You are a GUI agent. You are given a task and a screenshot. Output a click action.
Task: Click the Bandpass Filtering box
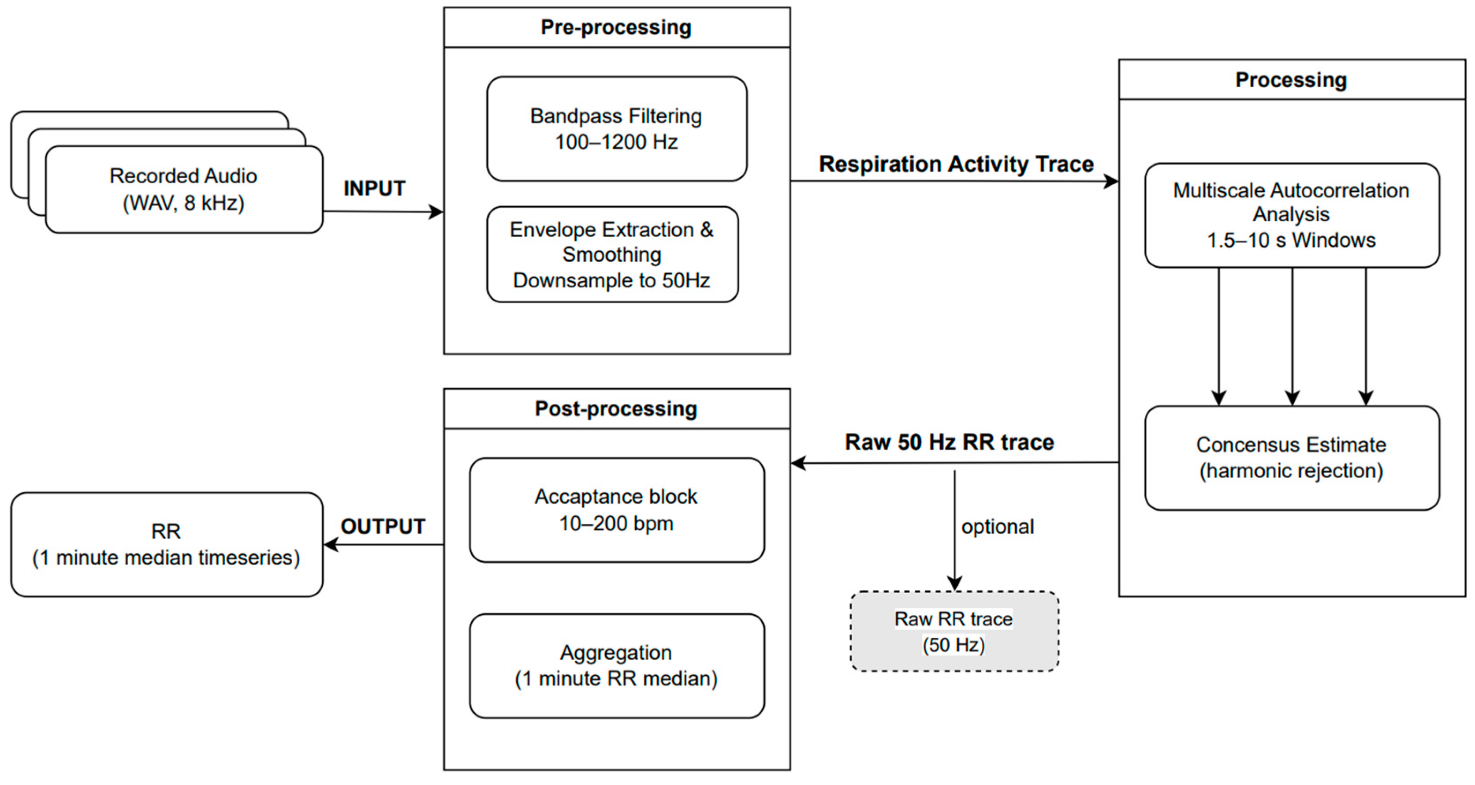point(617,129)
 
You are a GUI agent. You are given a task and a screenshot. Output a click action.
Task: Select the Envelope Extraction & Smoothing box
point(613,254)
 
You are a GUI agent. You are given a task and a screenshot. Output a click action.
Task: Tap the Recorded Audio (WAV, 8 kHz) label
point(183,190)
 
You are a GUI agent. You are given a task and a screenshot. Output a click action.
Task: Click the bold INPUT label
point(374,188)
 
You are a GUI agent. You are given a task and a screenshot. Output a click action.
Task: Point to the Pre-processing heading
point(616,27)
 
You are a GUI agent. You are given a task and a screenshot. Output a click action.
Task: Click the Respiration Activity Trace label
point(956,164)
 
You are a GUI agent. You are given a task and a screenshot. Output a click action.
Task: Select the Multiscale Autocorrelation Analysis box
point(1292,215)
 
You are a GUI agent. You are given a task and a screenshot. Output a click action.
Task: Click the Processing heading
point(1291,80)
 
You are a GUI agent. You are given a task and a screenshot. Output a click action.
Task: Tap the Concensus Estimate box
point(1292,458)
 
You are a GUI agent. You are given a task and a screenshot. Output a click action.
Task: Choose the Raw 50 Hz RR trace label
point(950,443)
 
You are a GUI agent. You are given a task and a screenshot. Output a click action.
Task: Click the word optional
point(998,527)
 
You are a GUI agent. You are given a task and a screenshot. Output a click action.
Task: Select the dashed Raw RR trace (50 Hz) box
point(954,632)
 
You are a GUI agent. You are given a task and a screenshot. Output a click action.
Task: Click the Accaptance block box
point(617,510)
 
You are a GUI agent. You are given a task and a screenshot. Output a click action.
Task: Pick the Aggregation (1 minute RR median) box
point(617,666)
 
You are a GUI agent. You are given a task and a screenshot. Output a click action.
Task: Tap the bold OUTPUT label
point(383,527)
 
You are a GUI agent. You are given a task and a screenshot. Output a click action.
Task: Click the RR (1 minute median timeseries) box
point(167,544)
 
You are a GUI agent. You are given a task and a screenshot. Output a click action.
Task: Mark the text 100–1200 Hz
point(616,142)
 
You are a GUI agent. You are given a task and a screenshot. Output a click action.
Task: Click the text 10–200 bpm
point(616,523)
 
